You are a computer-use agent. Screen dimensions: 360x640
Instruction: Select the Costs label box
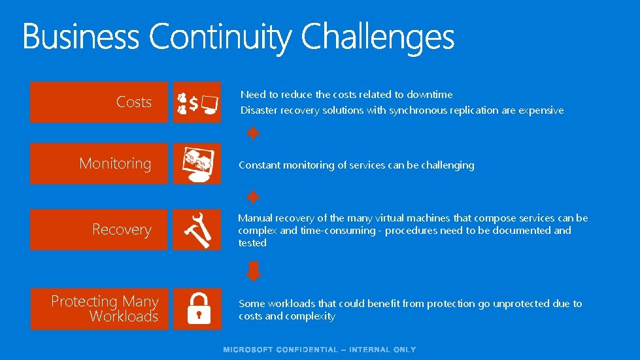tap(99, 102)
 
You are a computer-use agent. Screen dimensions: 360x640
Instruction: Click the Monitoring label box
tap(99, 163)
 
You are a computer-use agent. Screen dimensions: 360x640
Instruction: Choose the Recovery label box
tap(99, 229)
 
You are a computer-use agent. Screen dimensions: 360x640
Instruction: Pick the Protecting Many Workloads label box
tap(99, 308)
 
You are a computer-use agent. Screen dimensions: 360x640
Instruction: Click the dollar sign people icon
tap(197, 102)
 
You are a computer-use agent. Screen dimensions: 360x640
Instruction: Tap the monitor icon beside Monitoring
tap(197, 163)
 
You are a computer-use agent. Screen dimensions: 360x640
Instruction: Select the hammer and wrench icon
tap(197, 229)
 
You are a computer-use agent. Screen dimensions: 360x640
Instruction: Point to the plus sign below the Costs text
tap(252, 133)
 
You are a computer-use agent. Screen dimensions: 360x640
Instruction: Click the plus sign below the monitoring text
tap(252, 197)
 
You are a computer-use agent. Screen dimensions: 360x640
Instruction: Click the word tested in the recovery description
tap(252, 243)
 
